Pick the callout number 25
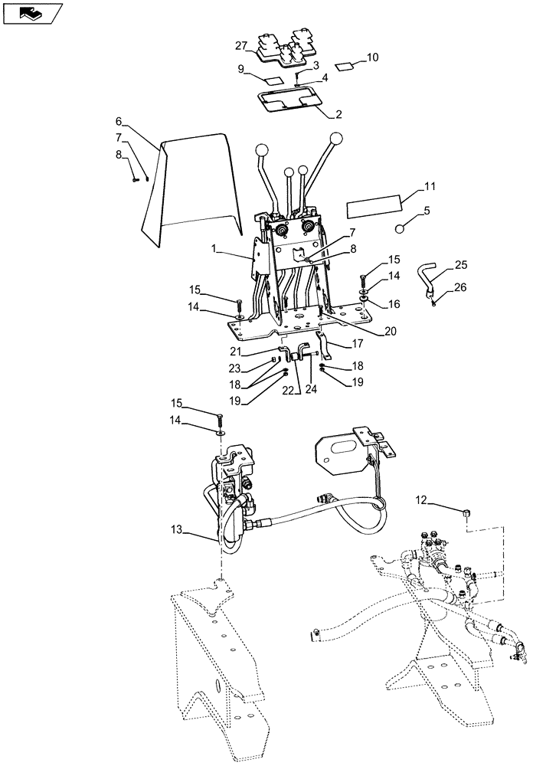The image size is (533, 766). pyautogui.click(x=459, y=264)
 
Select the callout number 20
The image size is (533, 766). pyautogui.click(x=391, y=332)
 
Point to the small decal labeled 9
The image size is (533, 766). pyautogui.click(x=273, y=79)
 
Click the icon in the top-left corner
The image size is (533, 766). pyautogui.click(x=31, y=11)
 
